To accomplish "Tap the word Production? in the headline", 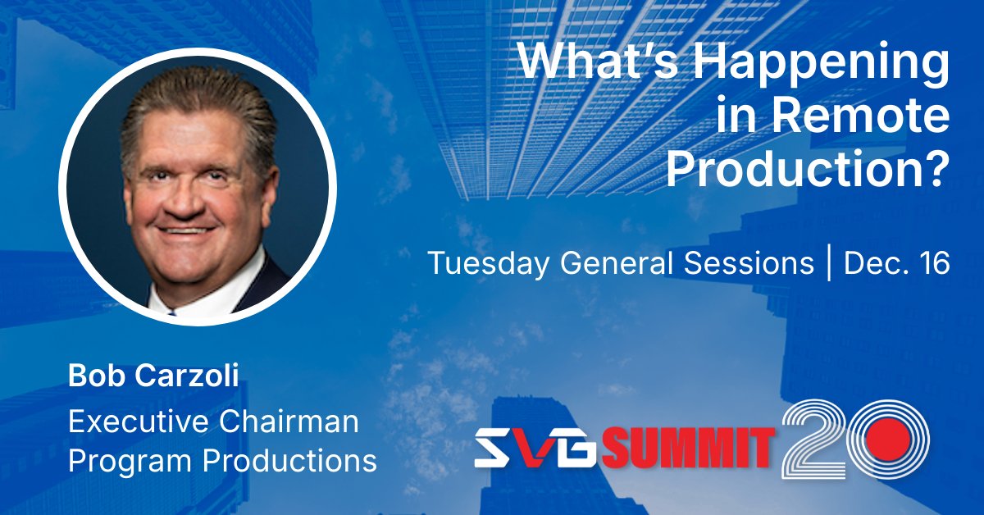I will pos(807,170).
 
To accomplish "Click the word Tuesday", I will pos(481,263).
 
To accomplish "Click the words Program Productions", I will pos(222,460).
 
